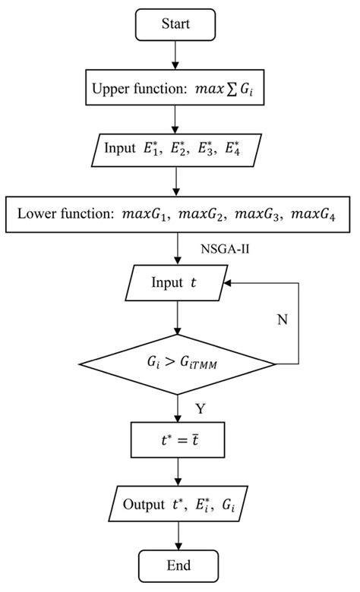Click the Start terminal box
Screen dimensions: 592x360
click(x=175, y=25)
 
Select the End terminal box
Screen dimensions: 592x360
click(x=175, y=565)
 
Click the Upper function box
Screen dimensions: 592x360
click(x=175, y=90)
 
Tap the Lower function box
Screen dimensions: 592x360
click(x=175, y=215)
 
